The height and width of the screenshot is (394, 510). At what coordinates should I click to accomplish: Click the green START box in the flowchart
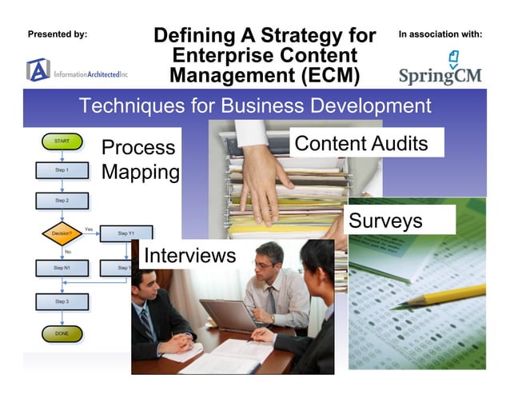click(x=62, y=141)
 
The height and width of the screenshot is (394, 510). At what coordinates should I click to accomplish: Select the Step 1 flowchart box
click(x=62, y=170)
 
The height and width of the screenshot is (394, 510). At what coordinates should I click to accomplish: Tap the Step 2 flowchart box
click(x=62, y=201)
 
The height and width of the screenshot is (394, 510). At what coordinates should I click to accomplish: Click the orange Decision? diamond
click(x=62, y=233)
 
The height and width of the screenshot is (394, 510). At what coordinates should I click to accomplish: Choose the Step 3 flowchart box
click(x=62, y=301)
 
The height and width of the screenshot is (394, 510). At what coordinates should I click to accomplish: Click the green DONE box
click(x=62, y=332)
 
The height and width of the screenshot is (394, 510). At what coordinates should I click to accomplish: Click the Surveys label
click(x=385, y=221)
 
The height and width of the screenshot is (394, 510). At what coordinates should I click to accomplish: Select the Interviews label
click(x=189, y=256)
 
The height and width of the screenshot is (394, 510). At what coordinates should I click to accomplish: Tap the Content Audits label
click(x=361, y=144)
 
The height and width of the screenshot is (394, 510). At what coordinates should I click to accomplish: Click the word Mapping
click(x=140, y=173)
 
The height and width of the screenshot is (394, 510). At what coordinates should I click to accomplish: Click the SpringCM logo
click(x=440, y=68)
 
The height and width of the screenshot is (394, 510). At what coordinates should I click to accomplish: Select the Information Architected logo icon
click(x=38, y=70)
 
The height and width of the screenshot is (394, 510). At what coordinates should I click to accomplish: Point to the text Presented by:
click(x=58, y=34)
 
